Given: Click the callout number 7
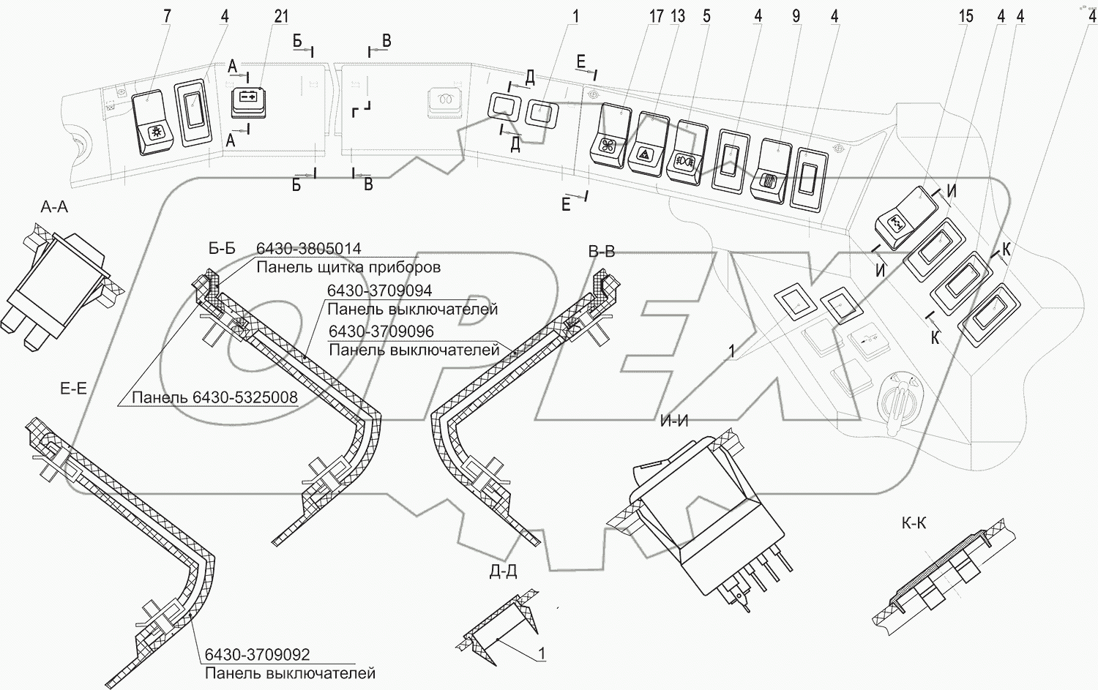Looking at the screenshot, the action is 167,16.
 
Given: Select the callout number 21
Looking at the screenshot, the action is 281,16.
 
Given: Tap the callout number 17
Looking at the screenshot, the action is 656,16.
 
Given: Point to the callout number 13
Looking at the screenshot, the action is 677,16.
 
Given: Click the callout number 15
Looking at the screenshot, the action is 966,16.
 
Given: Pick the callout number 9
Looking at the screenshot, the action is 796,16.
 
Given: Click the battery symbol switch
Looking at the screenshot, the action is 248,102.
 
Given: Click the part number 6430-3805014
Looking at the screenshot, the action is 309,249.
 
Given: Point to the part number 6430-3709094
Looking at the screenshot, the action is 379,290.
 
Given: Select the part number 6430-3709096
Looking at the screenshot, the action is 381,331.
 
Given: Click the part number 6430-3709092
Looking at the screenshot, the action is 258,655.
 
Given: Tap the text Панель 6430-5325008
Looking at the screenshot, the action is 214,397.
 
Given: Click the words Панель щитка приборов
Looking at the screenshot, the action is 348,267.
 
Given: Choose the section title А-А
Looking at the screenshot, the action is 54,207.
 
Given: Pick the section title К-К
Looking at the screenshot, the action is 914,524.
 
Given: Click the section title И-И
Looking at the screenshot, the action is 674,421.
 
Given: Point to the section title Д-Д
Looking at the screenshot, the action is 504,571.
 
